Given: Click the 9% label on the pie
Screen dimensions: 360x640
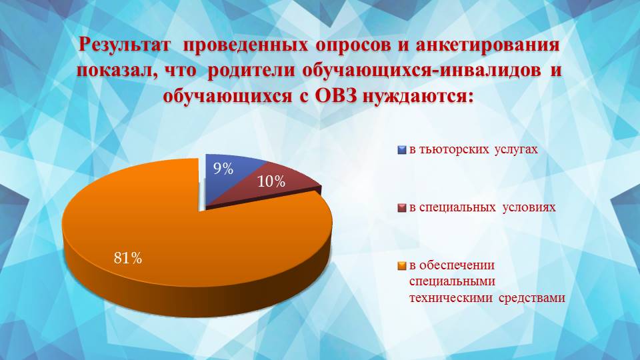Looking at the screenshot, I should (x=223, y=169).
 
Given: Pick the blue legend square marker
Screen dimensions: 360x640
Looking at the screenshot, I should (x=401, y=150).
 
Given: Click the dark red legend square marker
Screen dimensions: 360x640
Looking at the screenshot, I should (x=401, y=208).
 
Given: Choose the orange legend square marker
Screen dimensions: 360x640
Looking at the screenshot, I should (x=401, y=266).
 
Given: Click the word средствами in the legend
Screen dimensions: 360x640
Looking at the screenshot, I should (x=532, y=298).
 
